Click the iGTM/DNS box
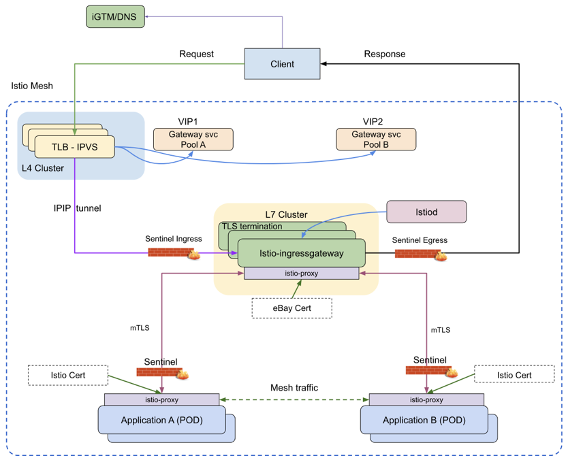(x=116, y=16)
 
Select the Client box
(x=282, y=64)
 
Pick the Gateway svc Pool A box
(x=193, y=139)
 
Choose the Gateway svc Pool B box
(x=376, y=139)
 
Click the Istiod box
(x=426, y=212)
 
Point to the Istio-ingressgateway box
(x=301, y=253)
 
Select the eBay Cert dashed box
(x=291, y=308)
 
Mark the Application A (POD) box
(x=161, y=420)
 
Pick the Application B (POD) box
(x=424, y=420)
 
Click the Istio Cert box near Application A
(x=68, y=374)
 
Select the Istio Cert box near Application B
(x=514, y=374)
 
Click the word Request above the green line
(x=196, y=54)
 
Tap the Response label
(x=385, y=54)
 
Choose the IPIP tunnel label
(x=77, y=208)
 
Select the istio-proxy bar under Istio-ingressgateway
(x=301, y=273)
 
